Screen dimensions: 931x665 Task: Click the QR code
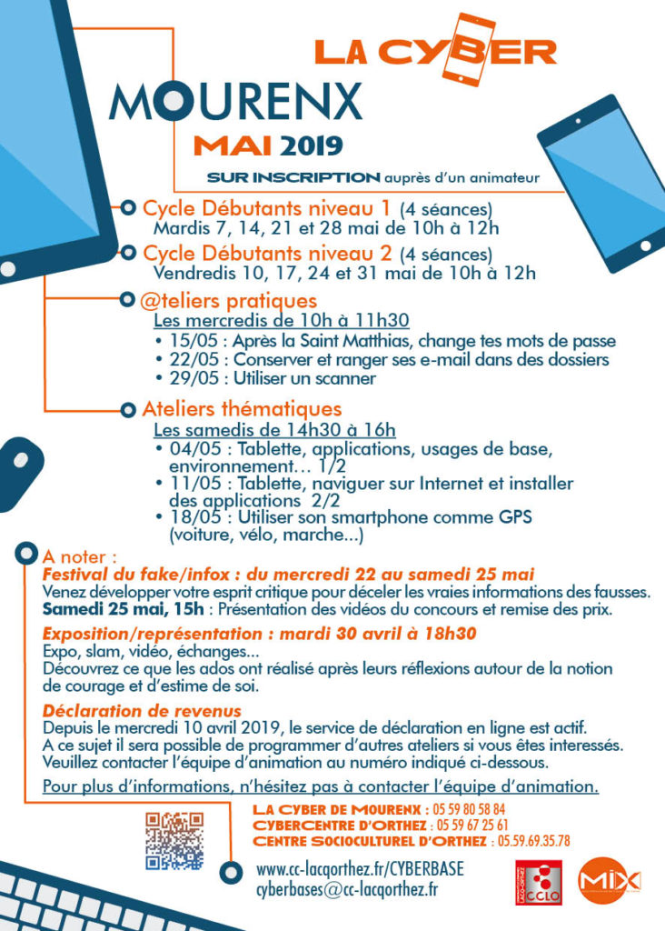[174, 840]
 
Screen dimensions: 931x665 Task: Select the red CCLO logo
[537, 882]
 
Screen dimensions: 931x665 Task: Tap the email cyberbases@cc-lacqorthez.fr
[347, 889]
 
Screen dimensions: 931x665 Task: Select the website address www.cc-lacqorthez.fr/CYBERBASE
[361, 869]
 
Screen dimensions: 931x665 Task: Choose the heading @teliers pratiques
[230, 300]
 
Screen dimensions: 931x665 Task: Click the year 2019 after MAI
[311, 145]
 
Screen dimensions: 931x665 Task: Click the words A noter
[80, 555]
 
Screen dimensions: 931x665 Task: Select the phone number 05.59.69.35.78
[529, 841]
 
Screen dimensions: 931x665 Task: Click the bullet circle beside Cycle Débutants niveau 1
[127, 208]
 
